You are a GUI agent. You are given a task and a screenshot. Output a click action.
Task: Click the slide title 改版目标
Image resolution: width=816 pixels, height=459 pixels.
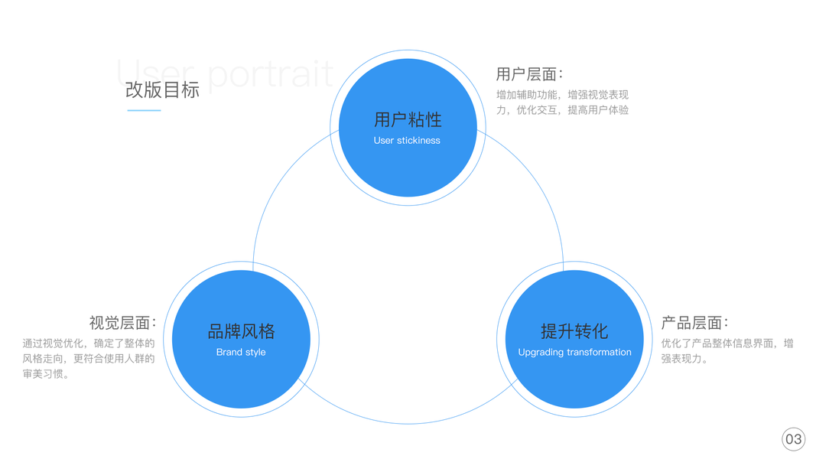click(162, 90)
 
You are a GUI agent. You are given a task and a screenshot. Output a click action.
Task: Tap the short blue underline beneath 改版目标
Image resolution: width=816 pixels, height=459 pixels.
click(144, 111)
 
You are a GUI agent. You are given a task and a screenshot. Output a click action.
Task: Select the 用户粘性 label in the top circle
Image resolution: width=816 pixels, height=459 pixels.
click(408, 119)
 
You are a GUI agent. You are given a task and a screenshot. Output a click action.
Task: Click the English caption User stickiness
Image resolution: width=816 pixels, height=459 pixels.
click(407, 141)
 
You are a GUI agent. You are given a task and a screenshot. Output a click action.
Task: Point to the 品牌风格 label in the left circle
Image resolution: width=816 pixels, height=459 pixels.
click(241, 331)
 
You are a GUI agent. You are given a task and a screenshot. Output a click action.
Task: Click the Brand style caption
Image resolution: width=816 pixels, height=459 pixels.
click(241, 353)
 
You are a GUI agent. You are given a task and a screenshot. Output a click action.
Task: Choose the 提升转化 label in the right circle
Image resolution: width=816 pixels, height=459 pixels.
click(574, 331)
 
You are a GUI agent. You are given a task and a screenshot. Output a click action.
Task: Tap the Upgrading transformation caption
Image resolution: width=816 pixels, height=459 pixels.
click(574, 353)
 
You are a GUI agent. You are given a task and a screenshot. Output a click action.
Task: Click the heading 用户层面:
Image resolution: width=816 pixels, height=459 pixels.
click(529, 74)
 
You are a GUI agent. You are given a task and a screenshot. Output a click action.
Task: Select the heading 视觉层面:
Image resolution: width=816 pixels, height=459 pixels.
click(122, 323)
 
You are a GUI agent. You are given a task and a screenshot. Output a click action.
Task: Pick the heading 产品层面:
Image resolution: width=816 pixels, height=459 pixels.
click(694, 323)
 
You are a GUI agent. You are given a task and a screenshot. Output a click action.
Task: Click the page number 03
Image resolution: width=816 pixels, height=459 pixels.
click(794, 439)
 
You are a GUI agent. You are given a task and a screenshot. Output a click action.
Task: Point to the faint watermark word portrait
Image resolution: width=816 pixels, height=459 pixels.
click(271, 73)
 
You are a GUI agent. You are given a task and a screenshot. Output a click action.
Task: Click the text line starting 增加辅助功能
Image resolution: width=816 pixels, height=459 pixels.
click(562, 95)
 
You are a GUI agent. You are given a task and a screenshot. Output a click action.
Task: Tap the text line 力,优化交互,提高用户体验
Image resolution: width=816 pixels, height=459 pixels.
click(562, 110)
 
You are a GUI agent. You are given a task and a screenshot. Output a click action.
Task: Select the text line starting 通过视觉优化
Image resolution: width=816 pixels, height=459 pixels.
click(89, 343)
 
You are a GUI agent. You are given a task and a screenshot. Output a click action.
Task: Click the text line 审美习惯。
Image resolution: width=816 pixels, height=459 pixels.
click(46, 374)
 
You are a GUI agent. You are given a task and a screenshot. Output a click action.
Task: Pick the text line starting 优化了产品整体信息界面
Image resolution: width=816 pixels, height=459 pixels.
click(727, 343)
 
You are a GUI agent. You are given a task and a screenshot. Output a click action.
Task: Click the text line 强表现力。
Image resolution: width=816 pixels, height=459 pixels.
click(684, 359)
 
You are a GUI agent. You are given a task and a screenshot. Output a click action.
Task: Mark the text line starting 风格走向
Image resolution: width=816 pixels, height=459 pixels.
click(89, 359)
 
